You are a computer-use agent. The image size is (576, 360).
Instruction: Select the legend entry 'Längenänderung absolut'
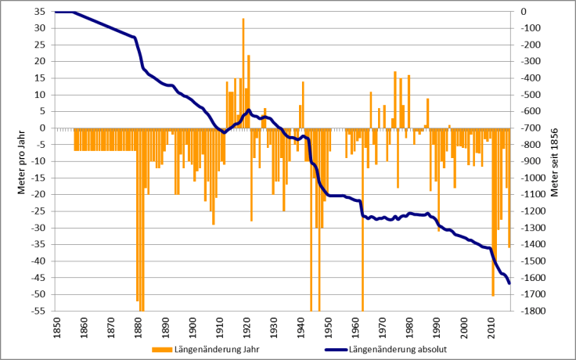pos(399,350)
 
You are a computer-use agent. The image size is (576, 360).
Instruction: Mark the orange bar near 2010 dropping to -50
pos(493,211)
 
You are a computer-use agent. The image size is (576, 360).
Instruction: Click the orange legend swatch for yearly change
pos(160,350)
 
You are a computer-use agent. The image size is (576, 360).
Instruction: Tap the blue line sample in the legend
pos(327,350)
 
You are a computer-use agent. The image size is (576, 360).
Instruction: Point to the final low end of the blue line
pos(509,283)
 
